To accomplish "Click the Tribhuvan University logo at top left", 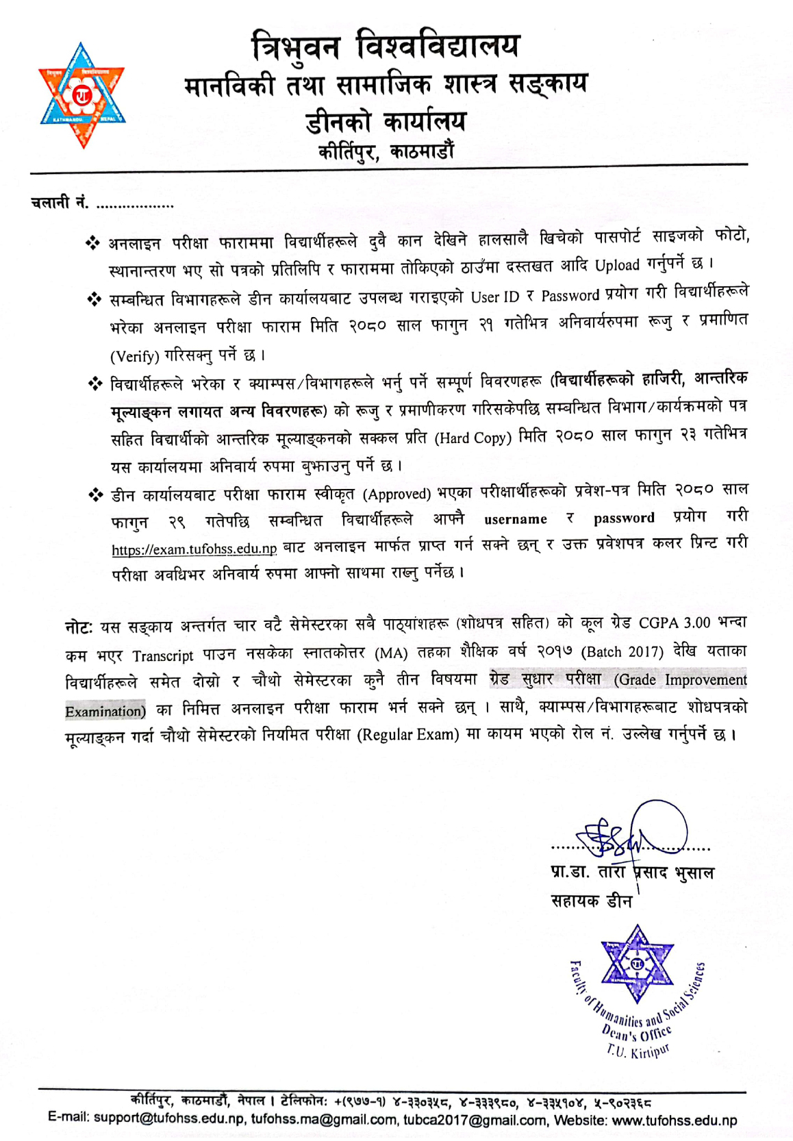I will [x=81, y=95].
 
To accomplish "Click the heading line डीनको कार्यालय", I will [x=386, y=121].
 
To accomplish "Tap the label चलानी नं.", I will [x=60, y=203].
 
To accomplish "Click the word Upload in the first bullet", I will [x=617, y=266].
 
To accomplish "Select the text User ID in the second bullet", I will [x=495, y=297].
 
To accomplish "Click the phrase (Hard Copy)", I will [x=473, y=438].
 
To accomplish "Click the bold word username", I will [x=516, y=520].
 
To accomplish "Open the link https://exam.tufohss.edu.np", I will [x=194, y=549].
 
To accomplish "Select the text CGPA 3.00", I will [x=675, y=623].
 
